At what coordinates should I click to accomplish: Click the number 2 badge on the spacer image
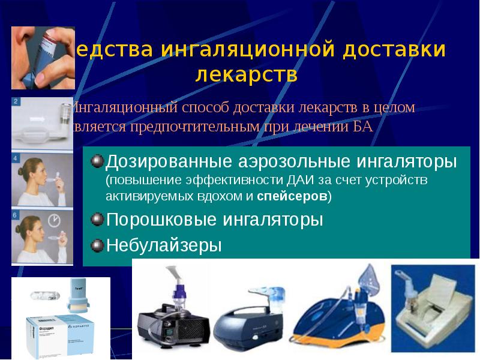pos(16,101)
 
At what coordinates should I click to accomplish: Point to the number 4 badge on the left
pos(16,158)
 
